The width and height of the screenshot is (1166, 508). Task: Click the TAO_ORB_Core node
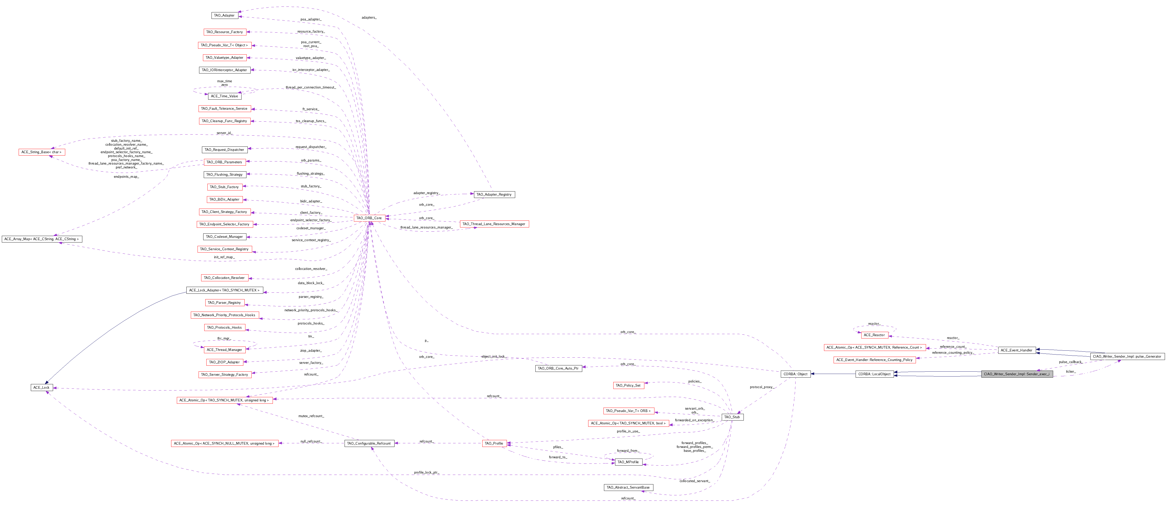click(369, 218)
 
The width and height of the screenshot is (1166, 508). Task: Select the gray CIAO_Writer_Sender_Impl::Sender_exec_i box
click(1016, 374)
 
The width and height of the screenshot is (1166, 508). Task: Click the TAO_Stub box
click(732, 417)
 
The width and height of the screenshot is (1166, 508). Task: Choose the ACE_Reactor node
click(874, 335)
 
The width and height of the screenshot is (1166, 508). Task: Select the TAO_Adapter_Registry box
click(494, 195)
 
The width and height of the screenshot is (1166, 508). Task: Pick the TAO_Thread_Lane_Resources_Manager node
click(494, 224)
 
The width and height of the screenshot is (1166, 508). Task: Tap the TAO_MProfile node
click(628, 462)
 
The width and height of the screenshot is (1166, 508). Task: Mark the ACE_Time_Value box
click(224, 96)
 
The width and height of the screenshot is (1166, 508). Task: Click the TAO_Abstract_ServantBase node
click(628, 487)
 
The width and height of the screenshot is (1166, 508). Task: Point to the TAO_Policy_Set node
click(628, 385)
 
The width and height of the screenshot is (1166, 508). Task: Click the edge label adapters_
click(369, 18)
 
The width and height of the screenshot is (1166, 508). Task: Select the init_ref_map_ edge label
click(224, 257)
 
